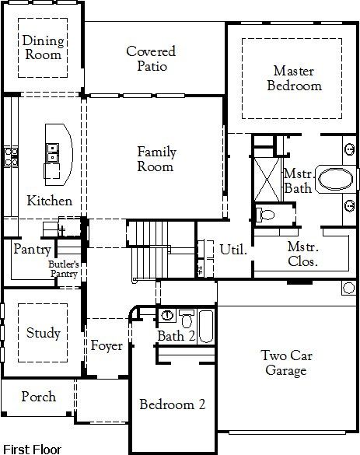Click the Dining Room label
(x=42, y=48)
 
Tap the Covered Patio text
(x=151, y=58)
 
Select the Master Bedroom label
(x=294, y=78)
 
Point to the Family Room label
(x=156, y=159)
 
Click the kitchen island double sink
(x=53, y=152)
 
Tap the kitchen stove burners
(x=10, y=156)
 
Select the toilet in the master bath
(x=264, y=212)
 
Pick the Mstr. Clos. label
(x=302, y=254)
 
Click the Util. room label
(x=233, y=250)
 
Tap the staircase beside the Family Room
(x=148, y=253)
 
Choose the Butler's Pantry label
(x=63, y=269)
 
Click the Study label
(x=43, y=333)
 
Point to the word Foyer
(x=107, y=345)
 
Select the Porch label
(x=38, y=396)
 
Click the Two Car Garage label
(x=285, y=362)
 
